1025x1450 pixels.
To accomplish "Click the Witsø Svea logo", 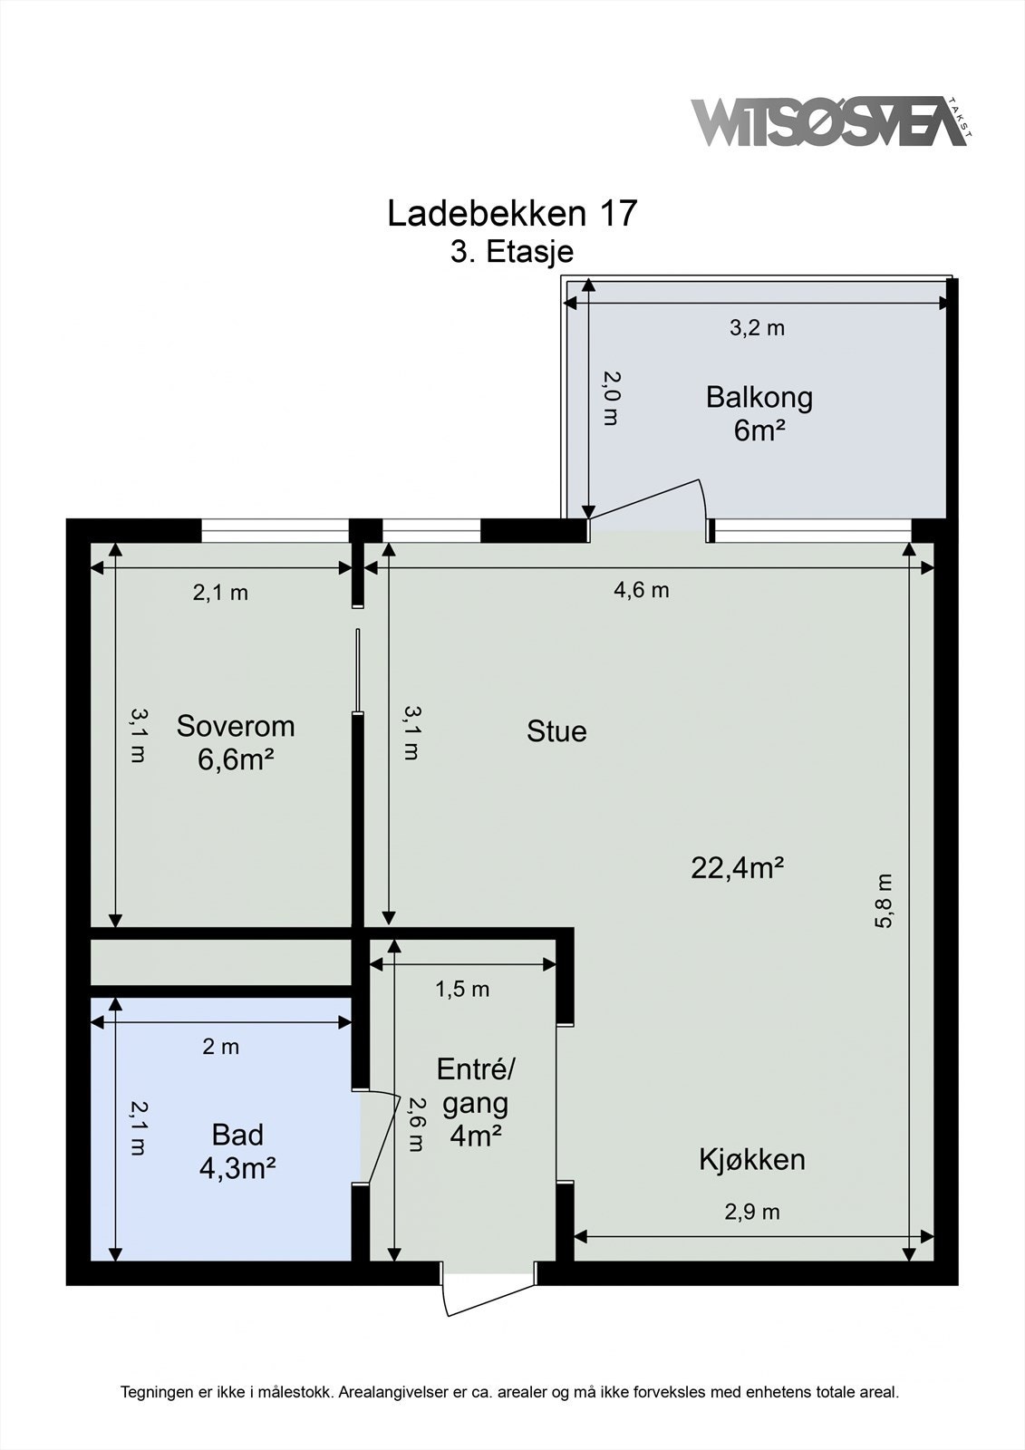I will [x=829, y=121].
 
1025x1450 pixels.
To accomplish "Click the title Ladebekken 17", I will [x=512, y=214].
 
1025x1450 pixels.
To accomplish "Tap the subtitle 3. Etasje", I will [x=512, y=251].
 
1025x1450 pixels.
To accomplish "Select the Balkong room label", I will [x=759, y=397].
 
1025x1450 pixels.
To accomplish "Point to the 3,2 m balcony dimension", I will [x=757, y=328].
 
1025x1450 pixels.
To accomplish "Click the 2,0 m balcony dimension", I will [x=613, y=398].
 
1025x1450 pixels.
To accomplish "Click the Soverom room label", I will [x=236, y=726].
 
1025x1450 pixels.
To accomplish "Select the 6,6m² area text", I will [x=236, y=759].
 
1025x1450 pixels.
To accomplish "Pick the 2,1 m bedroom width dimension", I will [x=220, y=593].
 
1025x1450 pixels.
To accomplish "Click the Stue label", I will [x=556, y=731].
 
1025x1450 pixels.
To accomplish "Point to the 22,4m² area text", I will [x=737, y=868].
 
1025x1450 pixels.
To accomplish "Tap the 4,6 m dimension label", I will [x=642, y=590].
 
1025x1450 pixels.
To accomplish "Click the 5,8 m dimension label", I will [x=885, y=901].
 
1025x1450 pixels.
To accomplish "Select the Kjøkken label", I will [x=752, y=1159].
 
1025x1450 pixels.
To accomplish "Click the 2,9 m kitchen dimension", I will [x=752, y=1212].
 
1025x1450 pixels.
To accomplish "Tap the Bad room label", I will [x=237, y=1134].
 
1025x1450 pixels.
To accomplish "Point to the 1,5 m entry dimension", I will [x=462, y=989].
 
